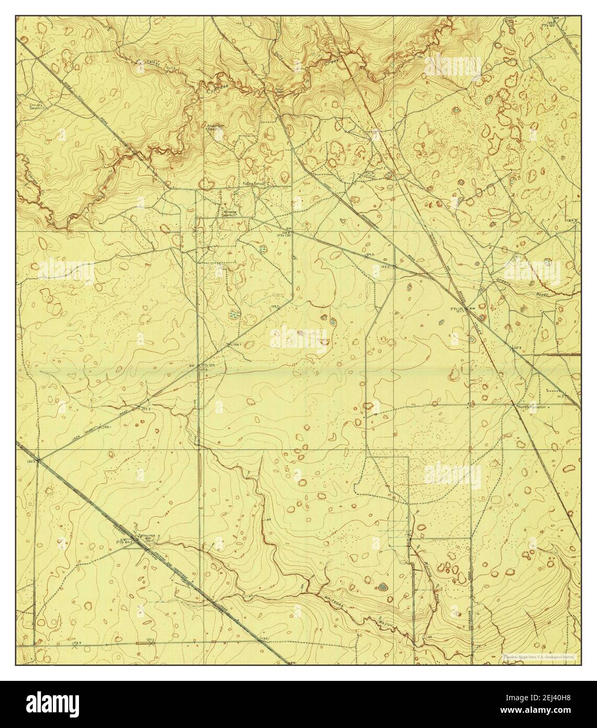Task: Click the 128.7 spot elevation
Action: tap(236, 344)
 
